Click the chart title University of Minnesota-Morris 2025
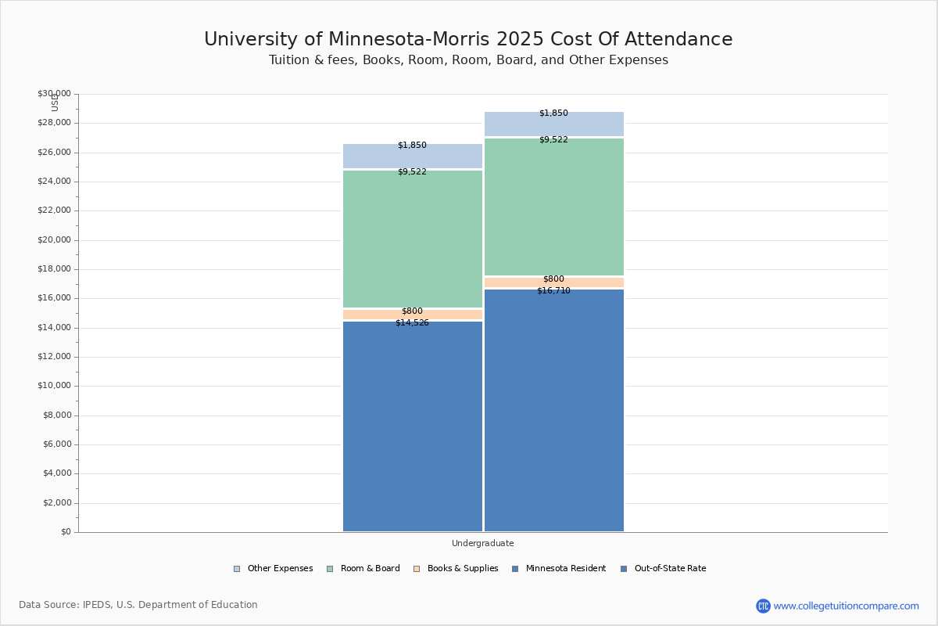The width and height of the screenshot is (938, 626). (x=468, y=40)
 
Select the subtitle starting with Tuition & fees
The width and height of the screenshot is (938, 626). (x=468, y=60)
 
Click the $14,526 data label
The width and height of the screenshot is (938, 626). (x=412, y=322)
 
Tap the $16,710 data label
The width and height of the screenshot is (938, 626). (x=553, y=290)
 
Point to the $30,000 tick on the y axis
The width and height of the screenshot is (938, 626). (x=54, y=94)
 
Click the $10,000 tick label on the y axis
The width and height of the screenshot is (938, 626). (x=54, y=386)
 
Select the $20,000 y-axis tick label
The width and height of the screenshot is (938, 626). (x=54, y=240)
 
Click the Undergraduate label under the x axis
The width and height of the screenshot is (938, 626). (x=482, y=543)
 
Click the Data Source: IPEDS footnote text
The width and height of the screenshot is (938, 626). (x=138, y=605)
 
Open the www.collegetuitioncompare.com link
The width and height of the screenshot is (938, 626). (x=846, y=606)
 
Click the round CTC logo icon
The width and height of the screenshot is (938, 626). (x=763, y=606)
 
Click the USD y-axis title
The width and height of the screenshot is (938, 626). (x=55, y=103)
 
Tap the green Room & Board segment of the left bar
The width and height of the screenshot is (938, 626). (x=413, y=239)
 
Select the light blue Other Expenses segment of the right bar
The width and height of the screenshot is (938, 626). (x=554, y=124)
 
